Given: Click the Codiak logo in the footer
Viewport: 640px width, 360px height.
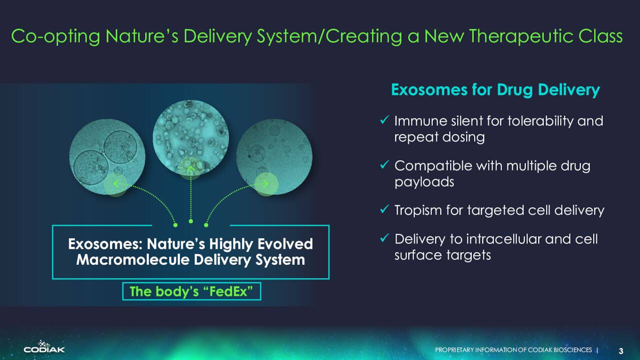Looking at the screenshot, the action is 44,346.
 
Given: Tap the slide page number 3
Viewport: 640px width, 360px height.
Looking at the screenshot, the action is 620,351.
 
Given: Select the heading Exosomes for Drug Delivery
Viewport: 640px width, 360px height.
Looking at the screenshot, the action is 495,90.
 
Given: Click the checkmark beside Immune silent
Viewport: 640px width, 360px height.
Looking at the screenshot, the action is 384,120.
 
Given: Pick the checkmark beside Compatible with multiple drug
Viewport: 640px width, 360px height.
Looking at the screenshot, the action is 384,164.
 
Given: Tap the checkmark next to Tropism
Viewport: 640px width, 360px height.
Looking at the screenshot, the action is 384,209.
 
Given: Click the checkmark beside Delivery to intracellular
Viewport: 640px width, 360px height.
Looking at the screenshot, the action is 384,237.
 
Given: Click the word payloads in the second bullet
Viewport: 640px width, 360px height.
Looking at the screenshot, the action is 424,182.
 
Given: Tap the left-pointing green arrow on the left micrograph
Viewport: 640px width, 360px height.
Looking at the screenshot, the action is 115,183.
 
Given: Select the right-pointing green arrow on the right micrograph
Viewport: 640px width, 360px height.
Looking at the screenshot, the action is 265,183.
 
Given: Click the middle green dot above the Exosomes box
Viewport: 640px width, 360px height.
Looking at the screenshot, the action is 191,221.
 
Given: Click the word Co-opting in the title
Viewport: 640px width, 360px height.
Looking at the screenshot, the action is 55,37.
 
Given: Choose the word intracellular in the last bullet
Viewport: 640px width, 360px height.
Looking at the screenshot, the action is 503,239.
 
